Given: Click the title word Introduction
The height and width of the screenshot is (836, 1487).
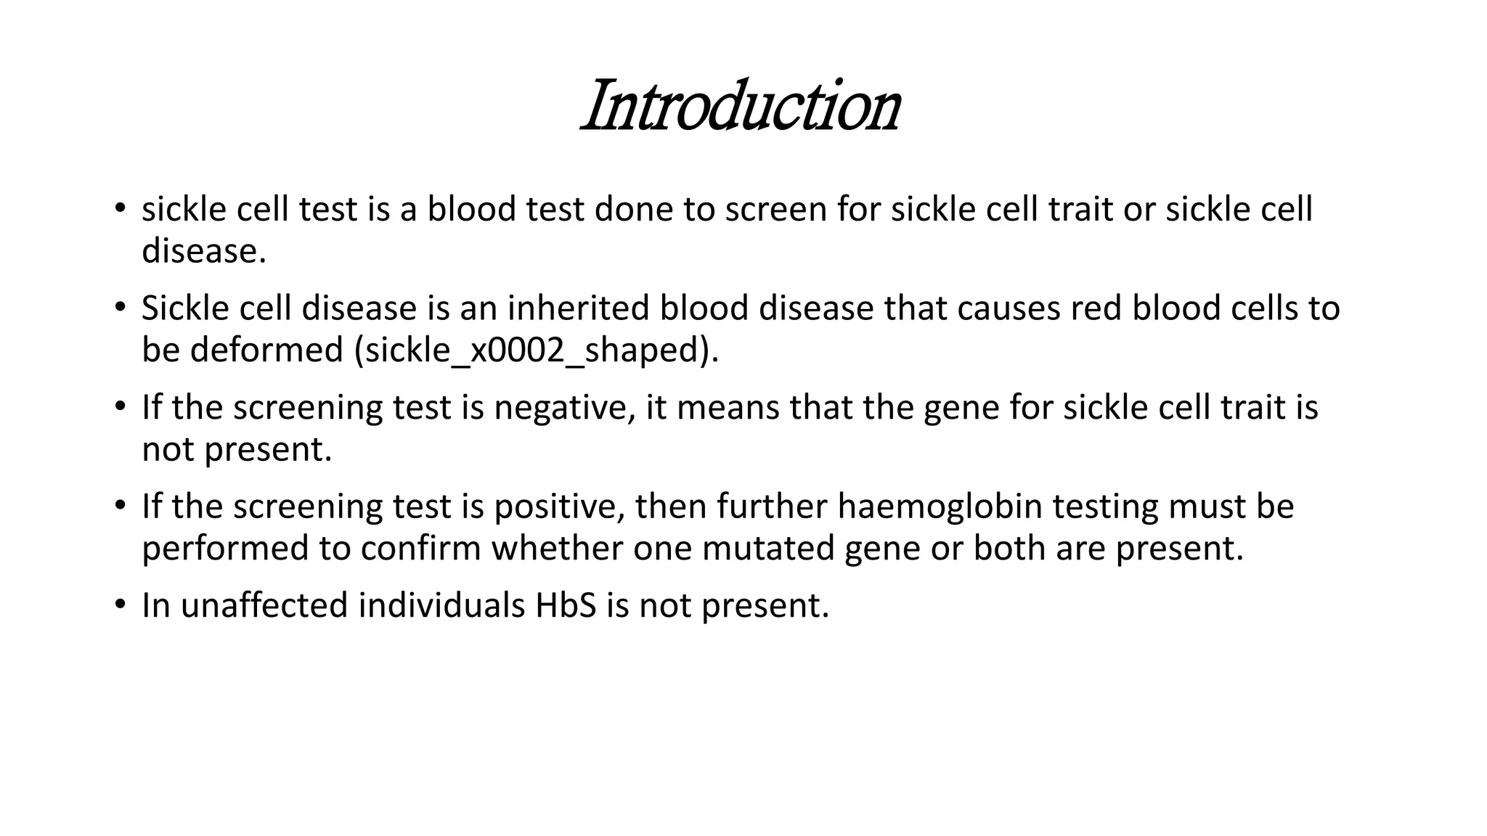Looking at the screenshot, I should point(741,107).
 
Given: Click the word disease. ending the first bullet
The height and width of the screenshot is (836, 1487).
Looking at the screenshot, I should point(204,251).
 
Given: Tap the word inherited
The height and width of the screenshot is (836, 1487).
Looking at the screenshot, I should point(578,308).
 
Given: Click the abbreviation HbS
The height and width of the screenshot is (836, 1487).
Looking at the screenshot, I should point(566,606).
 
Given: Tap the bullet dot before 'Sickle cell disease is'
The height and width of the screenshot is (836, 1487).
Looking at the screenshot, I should point(120,307).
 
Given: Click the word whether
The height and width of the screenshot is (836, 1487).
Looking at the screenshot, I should point(557,549).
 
